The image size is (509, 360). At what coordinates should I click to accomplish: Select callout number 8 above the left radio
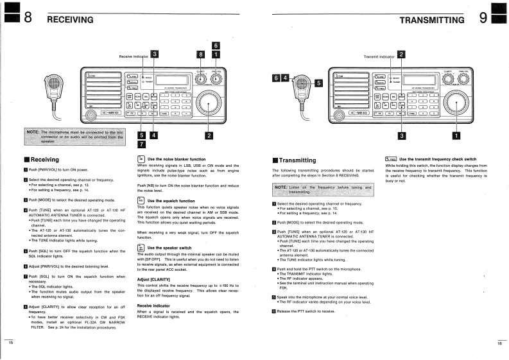pyautogui.click(x=200, y=55)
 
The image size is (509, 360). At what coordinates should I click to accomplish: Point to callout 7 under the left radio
pyautogui.click(x=142, y=144)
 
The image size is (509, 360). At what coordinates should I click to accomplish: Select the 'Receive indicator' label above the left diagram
pyautogui.click(x=133, y=56)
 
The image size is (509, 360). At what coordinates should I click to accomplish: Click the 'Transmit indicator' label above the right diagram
pyautogui.click(x=379, y=56)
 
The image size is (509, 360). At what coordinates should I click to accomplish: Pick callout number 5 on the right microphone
pyautogui.click(x=318, y=83)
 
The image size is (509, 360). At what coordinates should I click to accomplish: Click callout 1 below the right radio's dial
pyautogui.click(x=456, y=135)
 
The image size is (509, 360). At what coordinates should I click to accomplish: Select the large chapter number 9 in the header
pyautogui.click(x=483, y=18)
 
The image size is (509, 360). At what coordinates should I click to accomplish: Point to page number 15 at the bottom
pyautogui.click(x=10, y=344)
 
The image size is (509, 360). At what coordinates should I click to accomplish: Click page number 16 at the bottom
pyautogui.click(x=499, y=344)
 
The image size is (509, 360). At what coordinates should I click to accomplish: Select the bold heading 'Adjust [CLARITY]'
pyautogui.click(x=154, y=280)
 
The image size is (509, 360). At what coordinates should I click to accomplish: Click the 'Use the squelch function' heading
pyautogui.click(x=171, y=201)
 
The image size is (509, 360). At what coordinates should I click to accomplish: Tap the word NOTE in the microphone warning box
pyautogui.click(x=33, y=132)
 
